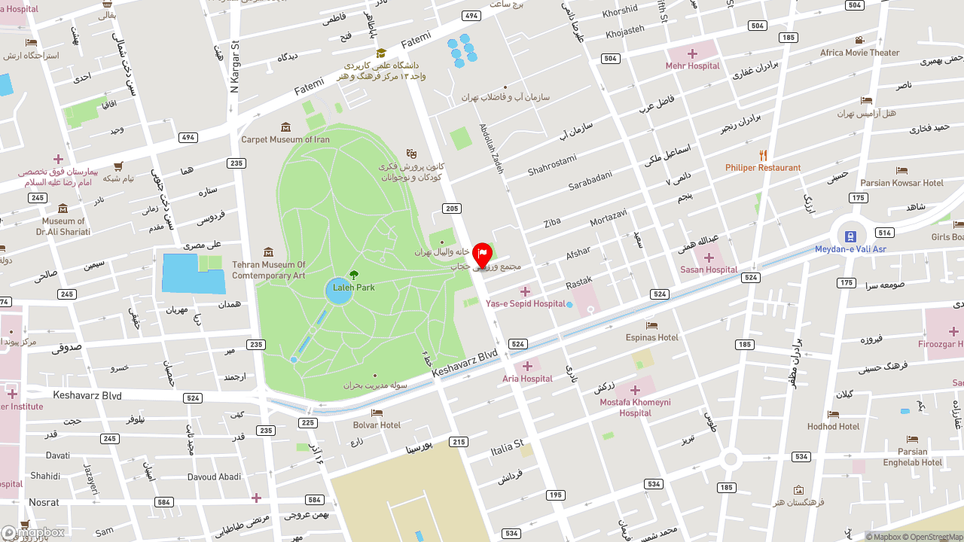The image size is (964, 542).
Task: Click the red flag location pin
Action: (x=482, y=255)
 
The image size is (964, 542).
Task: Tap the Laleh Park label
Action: (x=354, y=288)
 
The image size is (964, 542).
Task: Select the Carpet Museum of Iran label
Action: (x=285, y=139)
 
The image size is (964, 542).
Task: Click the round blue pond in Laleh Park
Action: (x=339, y=291)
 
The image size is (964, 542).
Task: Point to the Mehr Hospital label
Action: (x=692, y=65)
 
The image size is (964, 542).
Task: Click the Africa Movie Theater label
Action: (x=859, y=53)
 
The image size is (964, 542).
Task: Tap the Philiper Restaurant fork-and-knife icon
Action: (x=763, y=155)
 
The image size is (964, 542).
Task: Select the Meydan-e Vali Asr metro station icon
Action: (x=850, y=236)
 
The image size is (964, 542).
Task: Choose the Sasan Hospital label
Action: (x=708, y=269)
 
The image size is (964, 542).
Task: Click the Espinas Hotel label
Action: (x=651, y=337)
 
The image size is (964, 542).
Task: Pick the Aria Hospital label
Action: (x=527, y=379)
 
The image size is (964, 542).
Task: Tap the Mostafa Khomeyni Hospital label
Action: (x=635, y=407)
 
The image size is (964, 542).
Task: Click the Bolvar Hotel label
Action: (x=377, y=425)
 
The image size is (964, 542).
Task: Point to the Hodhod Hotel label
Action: (x=833, y=426)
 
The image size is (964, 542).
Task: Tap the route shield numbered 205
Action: (x=452, y=209)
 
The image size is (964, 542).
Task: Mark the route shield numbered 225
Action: (x=308, y=423)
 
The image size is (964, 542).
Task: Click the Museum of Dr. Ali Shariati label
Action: (x=63, y=227)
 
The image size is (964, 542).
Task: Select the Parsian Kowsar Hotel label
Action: (x=901, y=183)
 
